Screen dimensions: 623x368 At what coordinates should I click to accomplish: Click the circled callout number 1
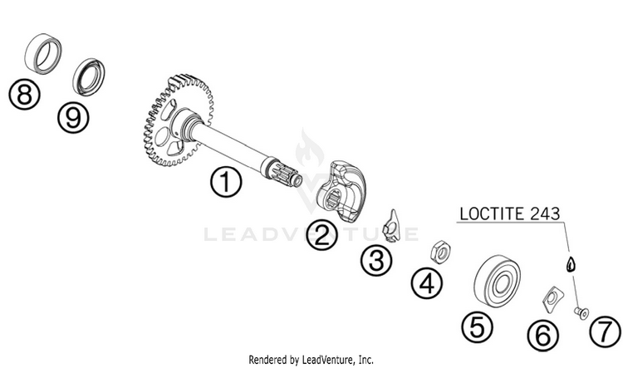click(226, 183)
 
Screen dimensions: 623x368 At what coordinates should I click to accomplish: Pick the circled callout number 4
click(426, 285)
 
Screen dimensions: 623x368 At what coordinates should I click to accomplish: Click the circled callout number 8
click(25, 94)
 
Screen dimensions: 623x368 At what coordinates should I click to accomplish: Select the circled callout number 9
click(74, 117)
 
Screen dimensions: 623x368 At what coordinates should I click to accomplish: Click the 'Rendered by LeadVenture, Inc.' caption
click(311, 360)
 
